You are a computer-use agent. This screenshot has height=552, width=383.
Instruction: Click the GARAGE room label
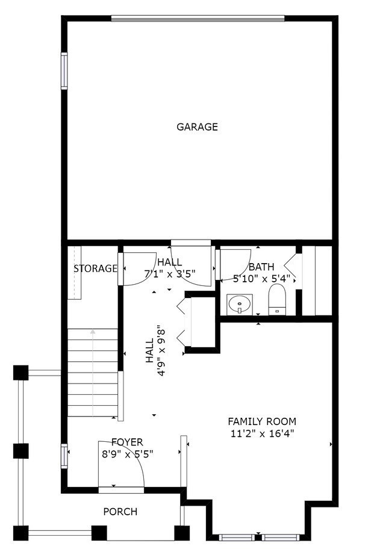coord(197,127)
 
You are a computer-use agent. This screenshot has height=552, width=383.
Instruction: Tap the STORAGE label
coord(95,268)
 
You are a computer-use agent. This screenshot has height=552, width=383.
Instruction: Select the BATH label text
coord(261,267)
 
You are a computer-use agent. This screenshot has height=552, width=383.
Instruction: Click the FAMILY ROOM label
coord(261,421)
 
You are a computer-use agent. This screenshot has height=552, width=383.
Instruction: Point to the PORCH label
coord(120,512)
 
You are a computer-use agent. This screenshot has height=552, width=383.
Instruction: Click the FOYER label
coord(127,442)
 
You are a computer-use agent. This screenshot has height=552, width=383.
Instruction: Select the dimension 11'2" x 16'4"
coord(261,433)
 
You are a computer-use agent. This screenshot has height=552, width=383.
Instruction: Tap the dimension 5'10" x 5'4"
coord(261,278)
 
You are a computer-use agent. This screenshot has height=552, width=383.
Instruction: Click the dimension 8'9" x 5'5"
coord(127,454)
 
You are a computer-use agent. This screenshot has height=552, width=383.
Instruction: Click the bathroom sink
coord(240,304)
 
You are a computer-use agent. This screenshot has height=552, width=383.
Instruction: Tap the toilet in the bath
coord(276,299)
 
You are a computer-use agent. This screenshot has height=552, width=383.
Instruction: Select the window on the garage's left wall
coord(64,71)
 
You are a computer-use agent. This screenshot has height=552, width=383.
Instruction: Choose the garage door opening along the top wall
coord(197,18)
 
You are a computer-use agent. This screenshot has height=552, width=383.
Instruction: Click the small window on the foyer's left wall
coord(64,456)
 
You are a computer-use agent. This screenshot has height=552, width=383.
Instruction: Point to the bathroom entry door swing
coord(232,264)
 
